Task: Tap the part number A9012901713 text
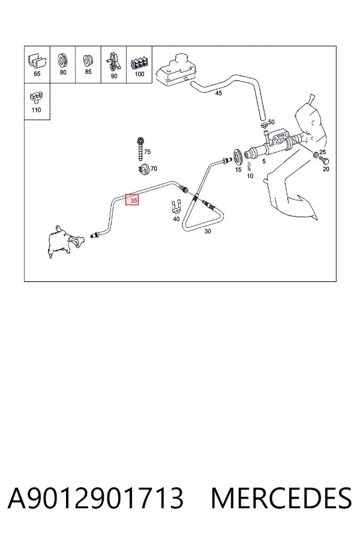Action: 96,499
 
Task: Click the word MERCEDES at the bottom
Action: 281,499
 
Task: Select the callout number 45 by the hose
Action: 218,93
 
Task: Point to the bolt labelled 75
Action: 140,149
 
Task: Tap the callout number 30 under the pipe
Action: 208,232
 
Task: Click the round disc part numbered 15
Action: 238,158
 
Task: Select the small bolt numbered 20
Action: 324,160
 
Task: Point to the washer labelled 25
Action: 316,155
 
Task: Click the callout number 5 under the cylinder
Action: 264,161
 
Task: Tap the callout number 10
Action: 250,176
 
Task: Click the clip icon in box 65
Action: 37,61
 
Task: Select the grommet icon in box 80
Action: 62,60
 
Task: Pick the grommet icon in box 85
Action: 88,61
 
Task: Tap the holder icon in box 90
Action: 113,62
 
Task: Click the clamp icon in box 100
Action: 139,64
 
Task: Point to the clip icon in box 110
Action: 37,98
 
